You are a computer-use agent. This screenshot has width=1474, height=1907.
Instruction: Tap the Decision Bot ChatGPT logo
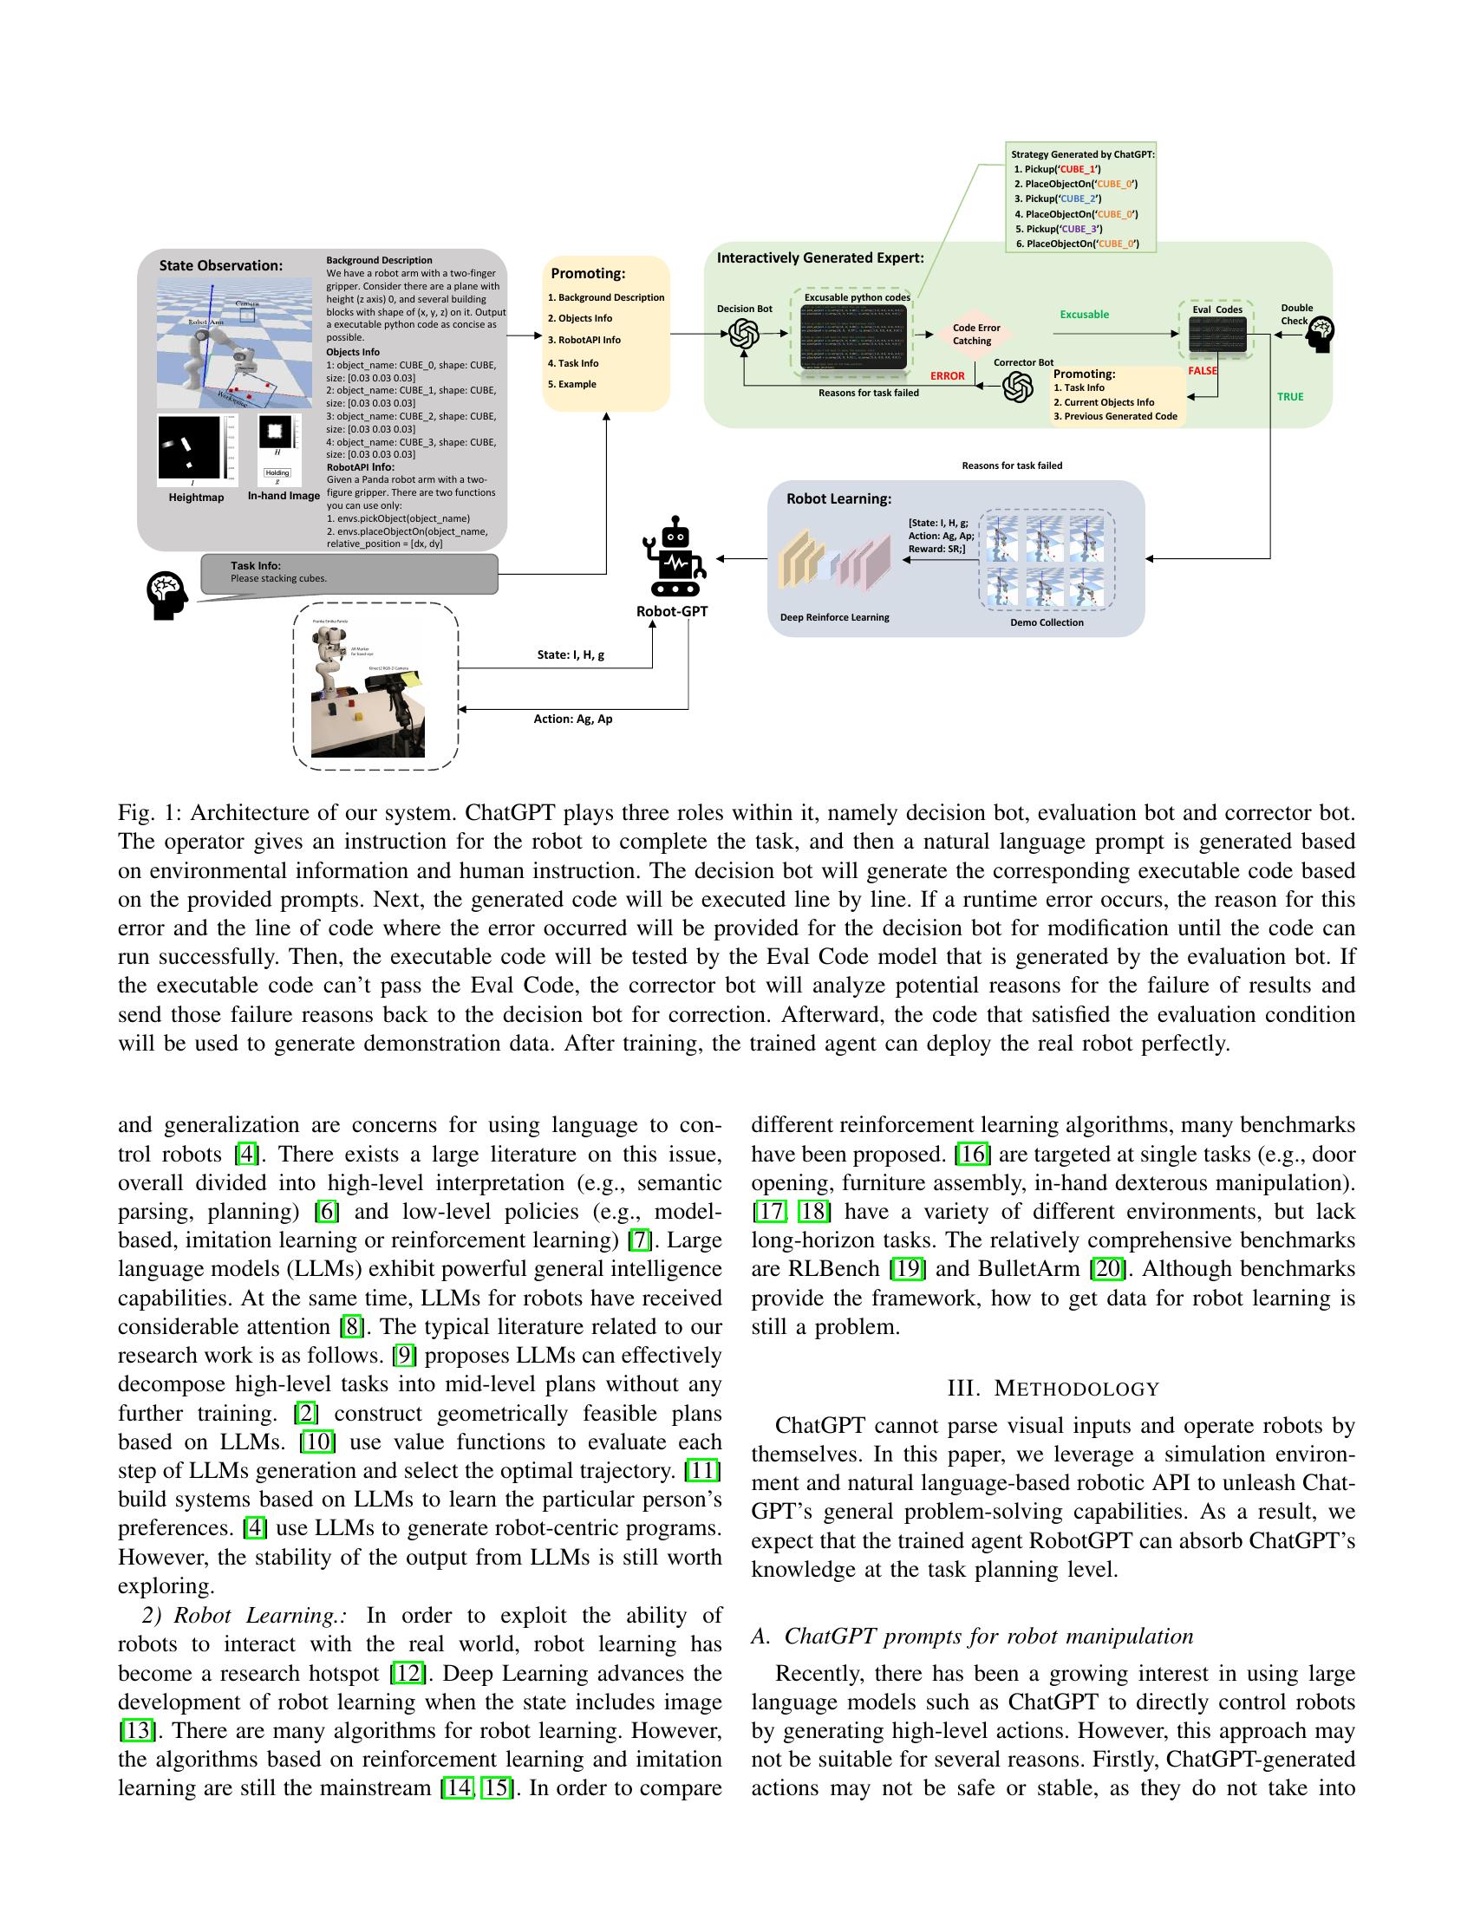pyautogui.click(x=744, y=334)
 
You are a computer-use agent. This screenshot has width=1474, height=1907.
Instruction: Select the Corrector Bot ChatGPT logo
pyautogui.click(x=1017, y=387)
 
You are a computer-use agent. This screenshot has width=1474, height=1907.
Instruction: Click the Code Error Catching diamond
pyautogui.click(x=975, y=335)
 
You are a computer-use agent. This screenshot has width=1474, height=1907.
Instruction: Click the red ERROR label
pyautogui.click(x=948, y=376)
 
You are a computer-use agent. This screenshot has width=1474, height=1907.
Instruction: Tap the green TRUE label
pyautogui.click(x=1290, y=396)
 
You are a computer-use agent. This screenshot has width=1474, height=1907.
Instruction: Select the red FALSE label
pyautogui.click(x=1203, y=371)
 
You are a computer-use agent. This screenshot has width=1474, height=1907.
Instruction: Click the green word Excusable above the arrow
pyautogui.click(x=1084, y=315)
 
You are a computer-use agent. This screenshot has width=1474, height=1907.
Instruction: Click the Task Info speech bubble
pyautogui.click(x=349, y=573)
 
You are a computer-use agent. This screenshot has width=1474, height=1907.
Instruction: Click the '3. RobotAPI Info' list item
pyautogui.click(x=584, y=341)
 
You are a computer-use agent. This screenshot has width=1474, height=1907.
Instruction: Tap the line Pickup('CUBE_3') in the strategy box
pyautogui.click(x=1058, y=229)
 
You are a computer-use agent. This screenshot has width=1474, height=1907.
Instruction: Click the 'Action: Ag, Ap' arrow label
pyautogui.click(x=573, y=719)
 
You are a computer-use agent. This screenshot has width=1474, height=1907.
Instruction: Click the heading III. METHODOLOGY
pyautogui.click(x=1053, y=1390)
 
